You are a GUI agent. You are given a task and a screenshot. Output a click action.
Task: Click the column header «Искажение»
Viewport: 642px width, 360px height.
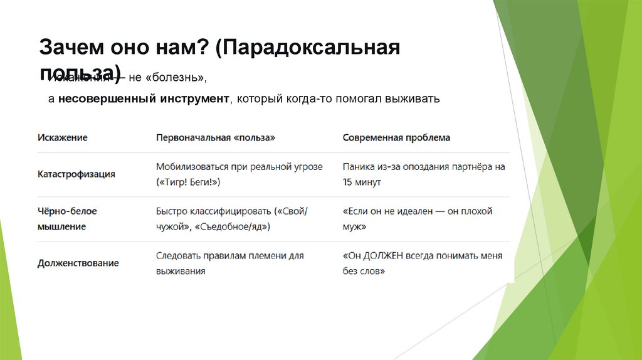pos(62,137)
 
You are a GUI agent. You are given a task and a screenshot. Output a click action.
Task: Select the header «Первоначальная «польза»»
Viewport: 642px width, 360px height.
pos(215,137)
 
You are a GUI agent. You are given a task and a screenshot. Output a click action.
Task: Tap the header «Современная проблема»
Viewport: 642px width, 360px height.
pos(396,137)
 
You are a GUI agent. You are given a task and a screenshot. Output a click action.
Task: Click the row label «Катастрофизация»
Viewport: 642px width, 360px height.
pos(76,174)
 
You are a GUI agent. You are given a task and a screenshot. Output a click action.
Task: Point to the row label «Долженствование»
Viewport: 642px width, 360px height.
pos(78,263)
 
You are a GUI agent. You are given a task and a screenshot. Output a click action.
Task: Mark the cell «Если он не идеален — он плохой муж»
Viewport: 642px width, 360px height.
pos(418,218)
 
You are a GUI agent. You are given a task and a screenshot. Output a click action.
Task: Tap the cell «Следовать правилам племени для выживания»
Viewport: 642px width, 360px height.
pos(229,263)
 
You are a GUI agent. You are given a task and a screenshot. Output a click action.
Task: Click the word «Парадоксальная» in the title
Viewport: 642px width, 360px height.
pos(308,48)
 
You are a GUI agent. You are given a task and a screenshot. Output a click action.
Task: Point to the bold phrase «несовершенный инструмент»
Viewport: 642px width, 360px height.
pos(144,100)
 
